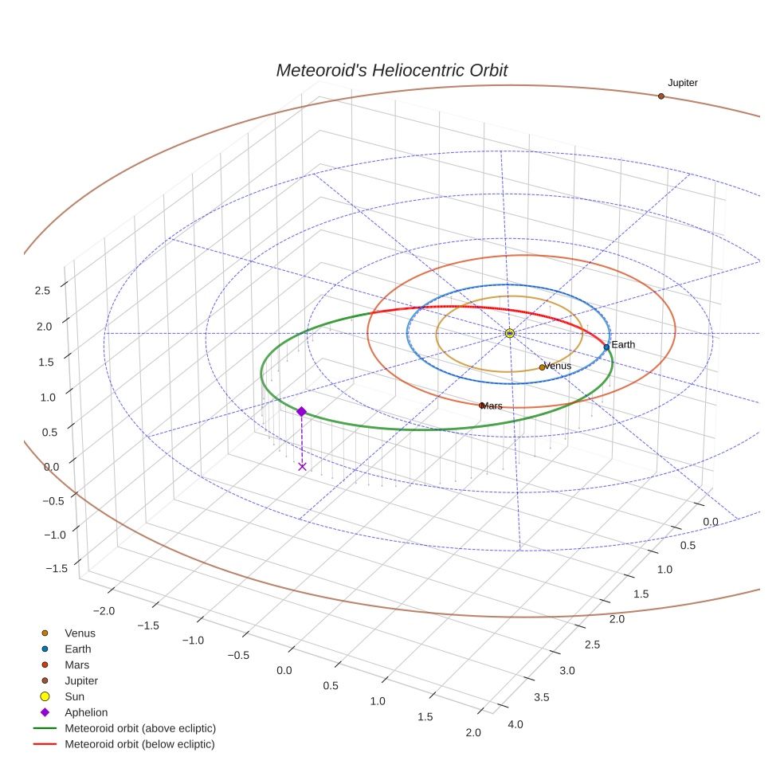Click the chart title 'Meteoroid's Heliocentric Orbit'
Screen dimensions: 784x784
tap(391, 70)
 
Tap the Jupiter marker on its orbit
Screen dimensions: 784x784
tap(661, 96)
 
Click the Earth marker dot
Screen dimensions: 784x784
tap(606, 347)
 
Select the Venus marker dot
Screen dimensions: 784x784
tap(542, 367)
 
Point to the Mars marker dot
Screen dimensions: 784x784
tap(481, 406)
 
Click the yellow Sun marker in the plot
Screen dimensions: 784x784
tap(510, 333)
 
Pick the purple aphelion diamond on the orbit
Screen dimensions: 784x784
tap(301, 411)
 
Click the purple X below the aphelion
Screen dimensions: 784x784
tap(302, 466)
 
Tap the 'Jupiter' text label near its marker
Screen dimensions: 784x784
tap(683, 83)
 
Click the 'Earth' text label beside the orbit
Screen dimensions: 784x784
tap(623, 345)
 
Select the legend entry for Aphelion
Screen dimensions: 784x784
tap(85, 712)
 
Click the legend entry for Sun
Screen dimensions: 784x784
tap(74, 696)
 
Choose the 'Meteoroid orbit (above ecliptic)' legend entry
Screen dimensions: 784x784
tap(139, 728)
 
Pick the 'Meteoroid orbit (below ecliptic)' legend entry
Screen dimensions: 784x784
tap(139, 744)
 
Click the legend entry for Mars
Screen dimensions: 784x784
tap(76, 664)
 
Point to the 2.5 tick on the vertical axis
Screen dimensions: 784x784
tap(42, 290)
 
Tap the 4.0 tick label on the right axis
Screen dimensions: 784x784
tap(515, 724)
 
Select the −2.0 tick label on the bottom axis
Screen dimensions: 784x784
tap(104, 610)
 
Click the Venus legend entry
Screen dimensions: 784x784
tap(80, 633)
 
